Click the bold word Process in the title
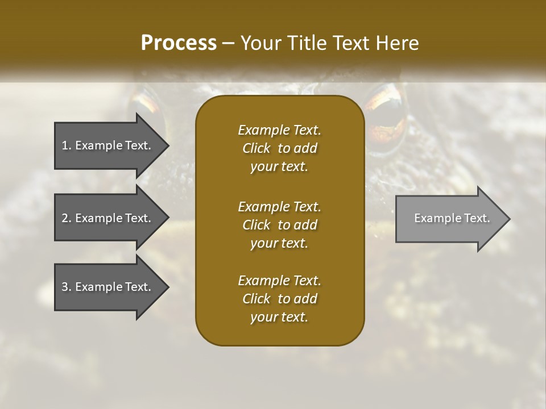pos(179,43)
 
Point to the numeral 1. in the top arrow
pos(67,145)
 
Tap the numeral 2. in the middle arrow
pos(67,218)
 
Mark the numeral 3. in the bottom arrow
pos(67,287)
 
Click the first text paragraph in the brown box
pos(279,148)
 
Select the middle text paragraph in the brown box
pos(279,225)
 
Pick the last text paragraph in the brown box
pos(279,299)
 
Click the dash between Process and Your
pos(229,44)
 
